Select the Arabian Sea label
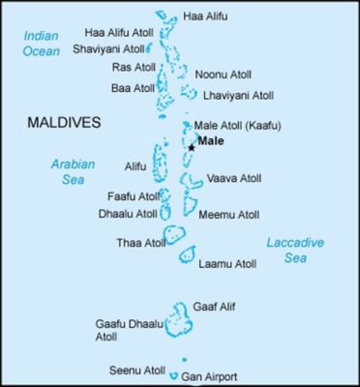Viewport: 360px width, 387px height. point(73,170)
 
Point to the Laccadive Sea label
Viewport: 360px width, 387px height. point(295,251)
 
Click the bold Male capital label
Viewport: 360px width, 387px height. point(211,140)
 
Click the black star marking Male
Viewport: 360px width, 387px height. point(192,147)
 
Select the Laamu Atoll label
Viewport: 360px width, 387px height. point(227,263)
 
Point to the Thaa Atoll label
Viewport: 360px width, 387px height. point(136,242)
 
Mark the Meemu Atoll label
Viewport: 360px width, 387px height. point(228,215)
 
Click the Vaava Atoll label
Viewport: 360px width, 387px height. point(234,179)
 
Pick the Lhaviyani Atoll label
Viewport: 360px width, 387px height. point(238,96)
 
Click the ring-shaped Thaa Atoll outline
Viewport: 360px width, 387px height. point(174,235)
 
